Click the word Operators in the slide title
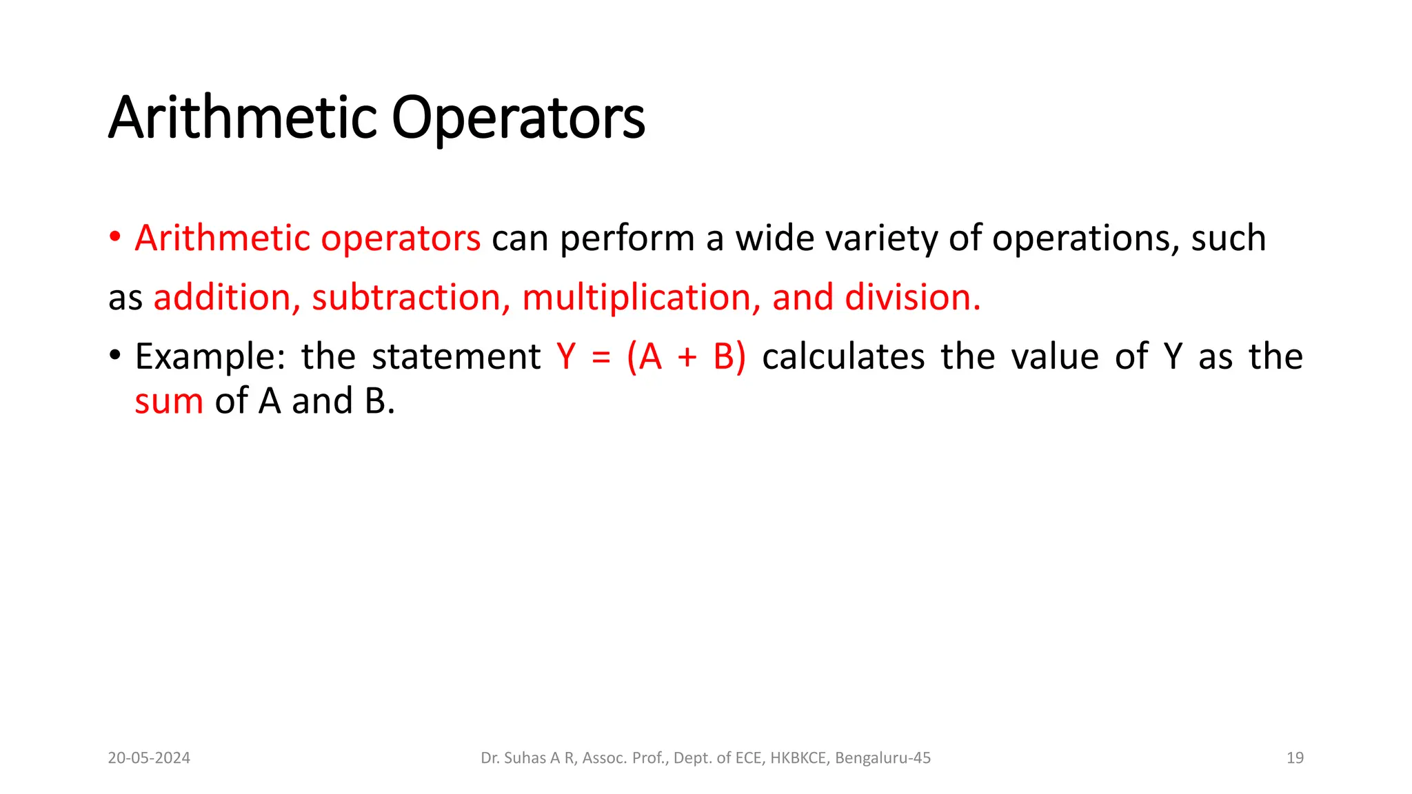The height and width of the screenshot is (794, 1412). point(518,118)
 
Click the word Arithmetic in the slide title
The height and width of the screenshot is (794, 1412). point(242,118)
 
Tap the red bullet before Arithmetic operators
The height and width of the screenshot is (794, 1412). point(115,238)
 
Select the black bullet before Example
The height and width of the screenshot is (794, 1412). point(115,356)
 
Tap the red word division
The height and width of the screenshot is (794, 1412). point(912,298)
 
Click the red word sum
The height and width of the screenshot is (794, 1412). point(169,401)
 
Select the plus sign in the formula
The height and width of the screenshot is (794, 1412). point(687,358)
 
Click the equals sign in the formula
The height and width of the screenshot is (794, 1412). point(601,358)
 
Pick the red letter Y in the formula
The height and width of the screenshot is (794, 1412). point(566,356)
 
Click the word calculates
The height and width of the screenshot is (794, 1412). point(843,356)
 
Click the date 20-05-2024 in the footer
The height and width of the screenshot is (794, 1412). point(149,758)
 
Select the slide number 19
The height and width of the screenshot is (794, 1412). point(1295,758)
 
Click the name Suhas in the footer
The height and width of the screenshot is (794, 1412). point(525,758)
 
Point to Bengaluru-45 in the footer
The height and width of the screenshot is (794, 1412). point(882,758)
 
